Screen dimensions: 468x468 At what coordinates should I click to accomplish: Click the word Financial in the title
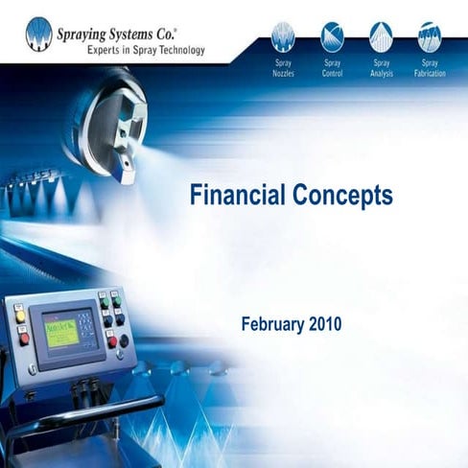coord(233,197)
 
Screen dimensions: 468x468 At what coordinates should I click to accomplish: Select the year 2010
coord(325,324)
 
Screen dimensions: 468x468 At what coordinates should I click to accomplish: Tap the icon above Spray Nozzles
coord(283,36)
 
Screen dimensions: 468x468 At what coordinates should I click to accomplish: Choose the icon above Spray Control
coord(333,36)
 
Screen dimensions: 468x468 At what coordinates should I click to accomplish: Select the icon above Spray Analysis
coord(381,36)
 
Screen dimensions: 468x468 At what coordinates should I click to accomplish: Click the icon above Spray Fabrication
coord(428,36)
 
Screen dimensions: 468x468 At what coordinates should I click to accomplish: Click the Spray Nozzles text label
coord(283,68)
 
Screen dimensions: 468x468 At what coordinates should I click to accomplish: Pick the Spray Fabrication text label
coord(428,68)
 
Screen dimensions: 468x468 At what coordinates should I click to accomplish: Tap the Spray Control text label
coord(333,68)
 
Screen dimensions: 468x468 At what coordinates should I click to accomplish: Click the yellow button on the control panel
coord(19,317)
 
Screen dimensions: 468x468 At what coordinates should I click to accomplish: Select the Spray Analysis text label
coord(381,68)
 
